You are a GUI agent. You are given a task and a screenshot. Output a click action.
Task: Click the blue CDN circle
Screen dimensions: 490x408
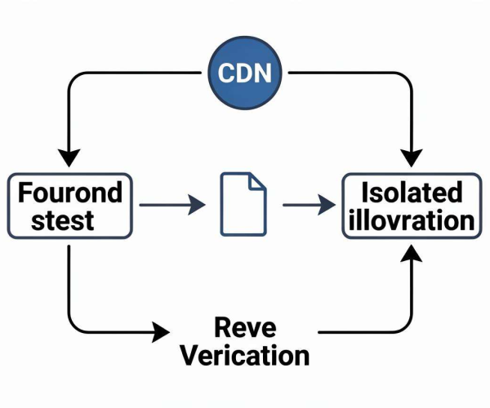pos(245,73)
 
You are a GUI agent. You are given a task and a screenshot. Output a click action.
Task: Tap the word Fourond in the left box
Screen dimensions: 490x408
pos(70,193)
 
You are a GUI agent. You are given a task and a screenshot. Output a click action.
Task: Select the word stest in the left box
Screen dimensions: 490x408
pos(63,220)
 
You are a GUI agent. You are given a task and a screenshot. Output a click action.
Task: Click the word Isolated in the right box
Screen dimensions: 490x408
pos(412,193)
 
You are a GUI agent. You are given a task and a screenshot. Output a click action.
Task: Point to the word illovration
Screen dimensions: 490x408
pos(412,220)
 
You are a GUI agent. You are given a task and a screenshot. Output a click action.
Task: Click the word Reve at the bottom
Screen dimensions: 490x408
pos(245,327)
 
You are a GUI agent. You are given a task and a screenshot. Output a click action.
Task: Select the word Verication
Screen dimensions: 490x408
pos(245,355)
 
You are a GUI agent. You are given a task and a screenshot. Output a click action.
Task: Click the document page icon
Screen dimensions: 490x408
pos(243,204)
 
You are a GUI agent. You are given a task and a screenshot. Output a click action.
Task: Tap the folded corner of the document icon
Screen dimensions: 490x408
pos(257,182)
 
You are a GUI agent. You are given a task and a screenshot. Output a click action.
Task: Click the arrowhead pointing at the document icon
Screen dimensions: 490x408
pos(197,205)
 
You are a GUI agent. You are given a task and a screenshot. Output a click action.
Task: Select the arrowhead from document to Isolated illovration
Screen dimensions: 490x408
pos(327,205)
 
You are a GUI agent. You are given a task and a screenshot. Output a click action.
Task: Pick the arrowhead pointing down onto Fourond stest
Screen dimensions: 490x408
pos(69,158)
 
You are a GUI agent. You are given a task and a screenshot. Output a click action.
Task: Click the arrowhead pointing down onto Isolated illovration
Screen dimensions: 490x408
pos(412,158)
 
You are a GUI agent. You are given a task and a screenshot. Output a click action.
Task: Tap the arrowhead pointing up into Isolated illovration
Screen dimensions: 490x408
pos(412,254)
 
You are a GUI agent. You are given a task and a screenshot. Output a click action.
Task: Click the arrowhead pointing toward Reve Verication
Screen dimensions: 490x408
pos(161,332)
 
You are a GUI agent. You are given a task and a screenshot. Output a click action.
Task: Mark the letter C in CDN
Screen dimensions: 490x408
pos(226,73)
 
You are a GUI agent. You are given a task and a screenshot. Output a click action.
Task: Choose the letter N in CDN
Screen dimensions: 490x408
pos(262,73)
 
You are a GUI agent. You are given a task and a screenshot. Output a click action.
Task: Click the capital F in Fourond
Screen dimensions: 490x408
pos(24,193)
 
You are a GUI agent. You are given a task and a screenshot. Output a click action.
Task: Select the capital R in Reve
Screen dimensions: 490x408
pos(222,327)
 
